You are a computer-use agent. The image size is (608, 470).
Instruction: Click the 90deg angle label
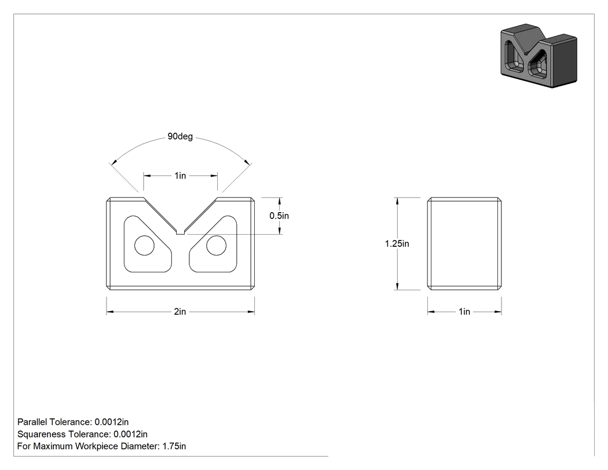[x=180, y=137]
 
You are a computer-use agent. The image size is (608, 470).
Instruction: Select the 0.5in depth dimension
[x=279, y=216]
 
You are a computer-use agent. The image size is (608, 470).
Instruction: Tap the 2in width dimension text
[x=180, y=312]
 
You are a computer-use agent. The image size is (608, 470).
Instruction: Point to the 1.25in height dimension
[x=397, y=244]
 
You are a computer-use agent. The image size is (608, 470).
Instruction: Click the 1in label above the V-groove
[x=180, y=176]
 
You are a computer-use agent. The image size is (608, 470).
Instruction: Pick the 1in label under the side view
[x=464, y=312]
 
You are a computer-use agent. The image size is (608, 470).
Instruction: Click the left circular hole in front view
[x=144, y=245]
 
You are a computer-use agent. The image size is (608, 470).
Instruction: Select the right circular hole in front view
[x=217, y=245]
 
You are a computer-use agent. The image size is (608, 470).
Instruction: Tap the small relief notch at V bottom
[x=180, y=232]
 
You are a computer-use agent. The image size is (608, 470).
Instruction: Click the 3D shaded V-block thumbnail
[x=539, y=56]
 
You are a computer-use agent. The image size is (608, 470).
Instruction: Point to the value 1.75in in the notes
[x=174, y=446]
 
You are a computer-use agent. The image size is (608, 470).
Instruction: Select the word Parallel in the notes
[x=32, y=422]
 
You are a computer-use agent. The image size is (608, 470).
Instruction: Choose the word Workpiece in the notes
[x=96, y=446]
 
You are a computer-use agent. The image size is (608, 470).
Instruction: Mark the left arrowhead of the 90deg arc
[x=113, y=162]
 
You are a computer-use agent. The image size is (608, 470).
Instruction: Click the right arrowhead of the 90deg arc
[x=247, y=162]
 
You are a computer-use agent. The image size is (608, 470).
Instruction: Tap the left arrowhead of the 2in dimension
[x=110, y=312]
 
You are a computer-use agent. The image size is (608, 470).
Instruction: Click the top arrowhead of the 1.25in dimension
[x=397, y=201]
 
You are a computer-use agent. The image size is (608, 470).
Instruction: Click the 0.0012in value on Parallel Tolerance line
[x=112, y=422]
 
